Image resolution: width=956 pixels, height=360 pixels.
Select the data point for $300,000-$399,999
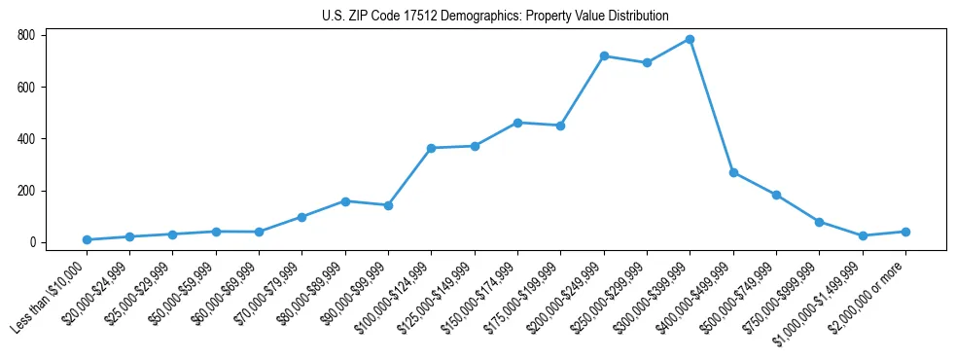690,39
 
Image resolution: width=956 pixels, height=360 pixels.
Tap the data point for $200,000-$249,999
604,56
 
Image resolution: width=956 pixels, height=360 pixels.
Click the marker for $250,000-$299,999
647,63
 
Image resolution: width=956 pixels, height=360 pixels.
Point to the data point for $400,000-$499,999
733,172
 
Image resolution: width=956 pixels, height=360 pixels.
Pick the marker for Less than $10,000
87,239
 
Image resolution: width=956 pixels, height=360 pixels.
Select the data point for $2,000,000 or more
905,232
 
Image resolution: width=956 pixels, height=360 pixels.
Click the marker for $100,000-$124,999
431,148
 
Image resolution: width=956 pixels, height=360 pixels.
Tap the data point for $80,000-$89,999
345,201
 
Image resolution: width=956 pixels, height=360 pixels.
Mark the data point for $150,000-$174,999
517,123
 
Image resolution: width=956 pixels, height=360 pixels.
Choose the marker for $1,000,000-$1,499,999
863,235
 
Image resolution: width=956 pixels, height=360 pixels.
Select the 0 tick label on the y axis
32,242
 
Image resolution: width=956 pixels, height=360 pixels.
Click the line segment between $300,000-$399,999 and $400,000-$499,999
712,106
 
